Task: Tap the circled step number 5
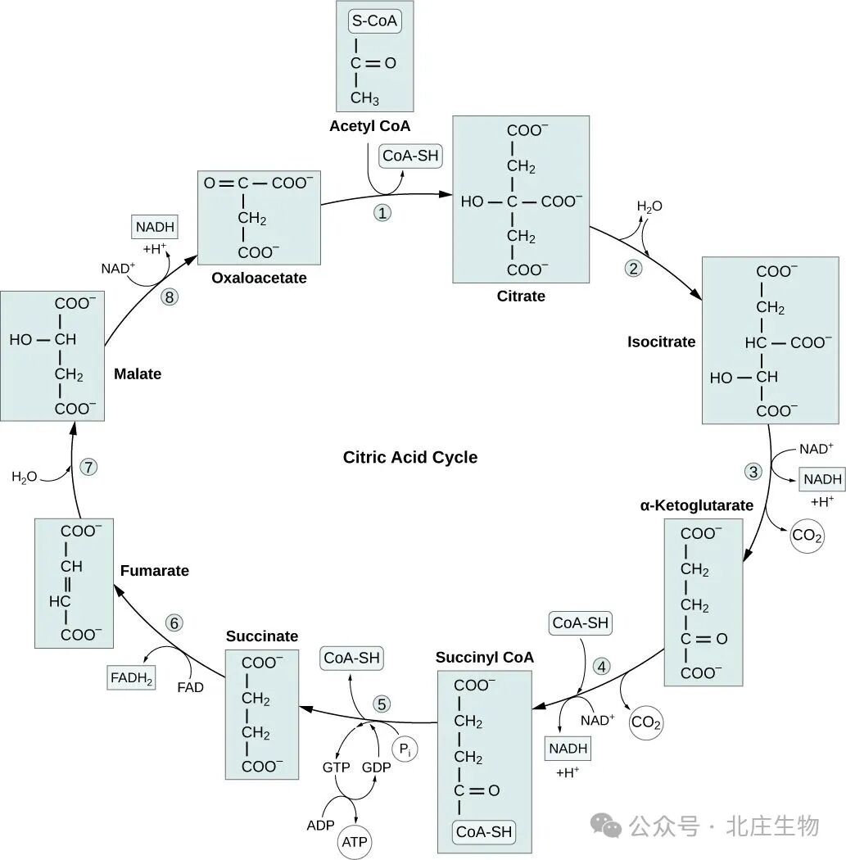pos(382,704)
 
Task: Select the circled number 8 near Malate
pos(170,297)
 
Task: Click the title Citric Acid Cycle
pos(409,457)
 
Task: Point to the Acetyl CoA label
pos(369,126)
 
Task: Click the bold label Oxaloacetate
pos(259,278)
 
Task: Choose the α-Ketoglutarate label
pos(696,505)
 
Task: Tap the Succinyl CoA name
pos(484,657)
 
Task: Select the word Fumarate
pos(154,570)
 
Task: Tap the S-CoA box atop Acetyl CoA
pos(374,21)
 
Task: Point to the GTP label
pos(335,767)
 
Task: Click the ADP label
pos(321,825)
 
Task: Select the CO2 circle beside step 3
pos(807,537)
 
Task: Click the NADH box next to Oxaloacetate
pos(154,227)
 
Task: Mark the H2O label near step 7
pos(25,477)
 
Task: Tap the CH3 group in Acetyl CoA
pos(365,98)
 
